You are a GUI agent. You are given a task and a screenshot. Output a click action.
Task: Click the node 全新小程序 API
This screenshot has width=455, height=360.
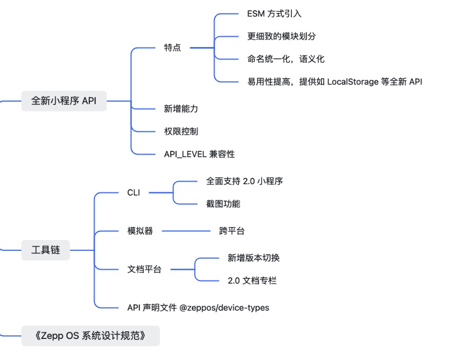pyautogui.click(x=64, y=101)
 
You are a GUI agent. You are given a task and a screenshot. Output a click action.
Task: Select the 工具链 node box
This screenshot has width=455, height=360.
pyautogui.click(x=45, y=250)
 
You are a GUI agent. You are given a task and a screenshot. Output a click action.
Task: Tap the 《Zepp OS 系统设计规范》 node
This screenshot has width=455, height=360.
pyautogui.click(x=90, y=336)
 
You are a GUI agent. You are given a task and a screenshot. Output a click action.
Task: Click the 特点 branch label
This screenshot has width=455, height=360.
pyautogui.click(x=172, y=48)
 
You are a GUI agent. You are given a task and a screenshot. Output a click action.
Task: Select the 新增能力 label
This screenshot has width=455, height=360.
pyautogui.click(x=181, y=109)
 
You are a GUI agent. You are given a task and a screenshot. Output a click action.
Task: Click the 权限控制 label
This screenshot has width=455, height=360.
pyautogui.click(x=181, y=131)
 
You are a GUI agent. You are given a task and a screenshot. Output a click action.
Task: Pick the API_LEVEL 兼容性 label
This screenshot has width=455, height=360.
pyautogui.click(x=199, y=154)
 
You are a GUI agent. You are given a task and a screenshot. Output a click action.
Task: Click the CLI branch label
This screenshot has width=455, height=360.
pyautogui.click(x=133, y=192)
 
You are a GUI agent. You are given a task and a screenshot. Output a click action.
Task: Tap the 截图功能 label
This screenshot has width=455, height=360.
pyautogui.click(x=223, y=204)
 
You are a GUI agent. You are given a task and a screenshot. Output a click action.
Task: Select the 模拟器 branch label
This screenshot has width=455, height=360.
pyautogui.click(x=140, y=231)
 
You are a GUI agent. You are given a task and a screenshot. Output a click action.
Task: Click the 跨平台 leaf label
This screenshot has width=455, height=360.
pyautogui.click(x=232, y=231)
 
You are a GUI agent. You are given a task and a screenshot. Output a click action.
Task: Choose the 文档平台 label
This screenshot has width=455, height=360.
pyautogui.click(x=144, y=269)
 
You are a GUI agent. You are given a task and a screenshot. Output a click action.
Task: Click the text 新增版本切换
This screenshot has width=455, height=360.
pyautogui.click(x=254, y=258)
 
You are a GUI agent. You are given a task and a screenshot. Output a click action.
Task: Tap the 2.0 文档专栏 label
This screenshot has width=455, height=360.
pyautogui.click(x=252, y=281)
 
